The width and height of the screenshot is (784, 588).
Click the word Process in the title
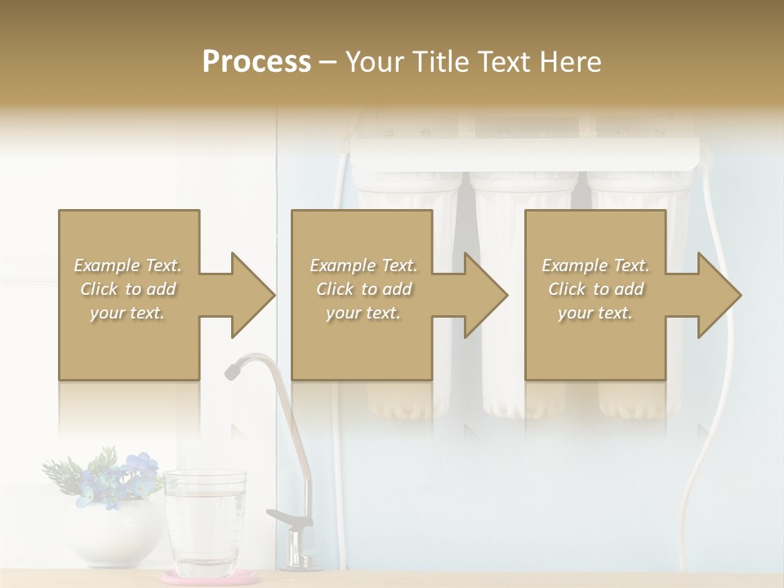(256, 62)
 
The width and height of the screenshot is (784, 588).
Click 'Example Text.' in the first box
(127, 265)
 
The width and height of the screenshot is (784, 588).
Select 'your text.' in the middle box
(363, 313)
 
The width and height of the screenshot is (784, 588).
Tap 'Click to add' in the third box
(596, 289)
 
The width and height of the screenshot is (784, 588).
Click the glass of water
(205, 523)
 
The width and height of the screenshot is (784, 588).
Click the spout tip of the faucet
(232, 372)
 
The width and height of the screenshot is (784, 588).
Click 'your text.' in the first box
(127, 313)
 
